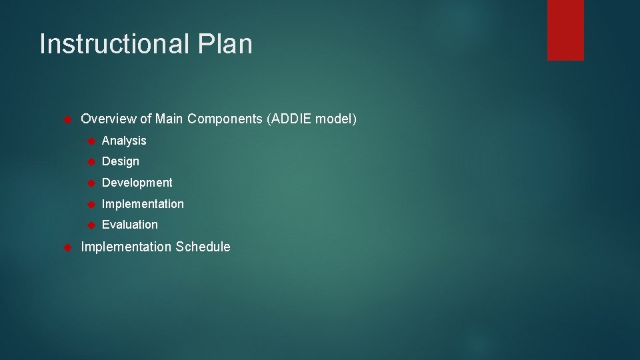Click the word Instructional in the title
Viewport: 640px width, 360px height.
pos(114,45)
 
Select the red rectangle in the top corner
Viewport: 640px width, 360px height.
pos(565,30)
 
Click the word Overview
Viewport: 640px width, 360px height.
pos(109,119)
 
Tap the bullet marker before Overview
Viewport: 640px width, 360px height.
pos(67,120)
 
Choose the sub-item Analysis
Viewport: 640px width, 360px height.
pos(124,141)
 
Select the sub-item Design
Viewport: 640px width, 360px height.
pos(121,161)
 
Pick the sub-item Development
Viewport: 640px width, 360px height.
pos(137,183)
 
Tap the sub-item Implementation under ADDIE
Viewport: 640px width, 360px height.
pos(143,204)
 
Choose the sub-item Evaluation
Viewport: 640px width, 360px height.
pos(130,225)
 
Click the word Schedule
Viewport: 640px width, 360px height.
pos(203,247)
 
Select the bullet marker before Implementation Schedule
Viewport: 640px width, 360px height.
pos(67,248)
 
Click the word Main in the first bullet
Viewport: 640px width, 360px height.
pos(169,119)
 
